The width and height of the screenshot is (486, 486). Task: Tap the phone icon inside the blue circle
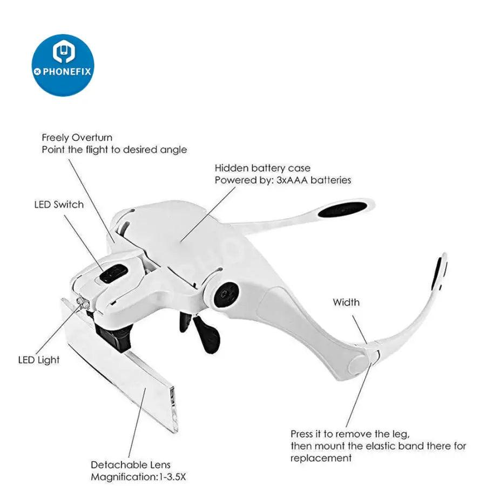[x=63, y=50]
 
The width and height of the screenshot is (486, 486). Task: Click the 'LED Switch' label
[x=59, y=205]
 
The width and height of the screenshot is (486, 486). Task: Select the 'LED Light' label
[x=39, y=360]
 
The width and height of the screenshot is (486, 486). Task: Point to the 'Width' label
[x=346, y=302]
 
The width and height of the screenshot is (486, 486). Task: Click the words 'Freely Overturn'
[x=77, y=138]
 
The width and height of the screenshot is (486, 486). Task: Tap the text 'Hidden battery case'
[x=262, y=168]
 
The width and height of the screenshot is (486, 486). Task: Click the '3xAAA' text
[x=292, y=180]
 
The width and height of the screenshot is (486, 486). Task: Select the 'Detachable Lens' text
[x=131, y=464]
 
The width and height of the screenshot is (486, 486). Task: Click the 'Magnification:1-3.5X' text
[x=138, y=477]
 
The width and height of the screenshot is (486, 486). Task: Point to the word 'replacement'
[x=321, y=458]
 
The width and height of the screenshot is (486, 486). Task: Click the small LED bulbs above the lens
[x=83, y=303]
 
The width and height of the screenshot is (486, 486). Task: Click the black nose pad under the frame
[x=206, y=333]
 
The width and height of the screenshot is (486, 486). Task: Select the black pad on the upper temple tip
[x=343, y=209]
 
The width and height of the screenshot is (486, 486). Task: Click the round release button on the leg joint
[x=360, y=364]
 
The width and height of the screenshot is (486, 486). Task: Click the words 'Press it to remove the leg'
[x=350, y=434]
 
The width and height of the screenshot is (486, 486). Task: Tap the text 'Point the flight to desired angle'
[x=114, y=150]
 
